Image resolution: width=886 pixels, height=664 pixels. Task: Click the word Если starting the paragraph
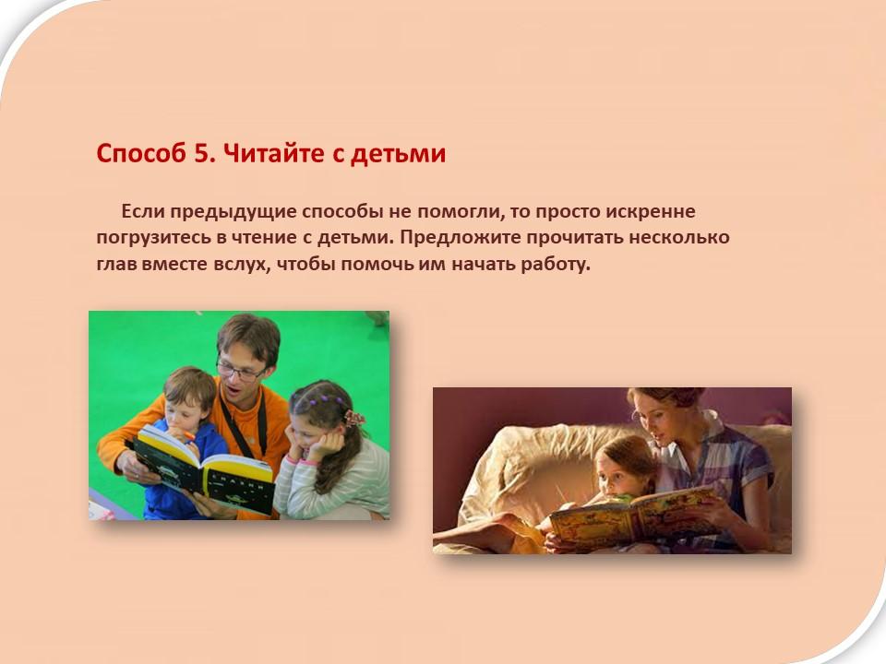142,211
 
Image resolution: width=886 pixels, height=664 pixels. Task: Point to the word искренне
651,212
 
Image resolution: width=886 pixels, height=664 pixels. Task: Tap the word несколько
679,237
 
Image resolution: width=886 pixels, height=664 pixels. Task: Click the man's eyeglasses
240,372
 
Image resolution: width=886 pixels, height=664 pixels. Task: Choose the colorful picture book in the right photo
633,515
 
